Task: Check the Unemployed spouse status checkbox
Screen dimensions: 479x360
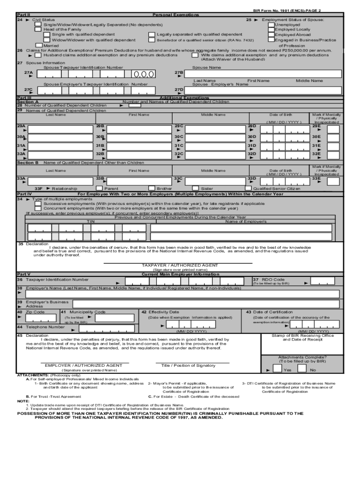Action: point(271,25)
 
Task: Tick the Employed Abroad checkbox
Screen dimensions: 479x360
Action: point(271,35)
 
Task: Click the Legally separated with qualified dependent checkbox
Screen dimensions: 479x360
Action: point(151,35)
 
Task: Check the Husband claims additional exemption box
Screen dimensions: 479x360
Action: point(39,55)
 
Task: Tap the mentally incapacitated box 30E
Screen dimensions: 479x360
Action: point(333,138)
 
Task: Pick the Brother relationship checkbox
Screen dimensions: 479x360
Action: point(151,189)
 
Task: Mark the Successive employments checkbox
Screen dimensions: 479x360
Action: point(39,204)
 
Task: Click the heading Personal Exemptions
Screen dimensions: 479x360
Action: point(175,15)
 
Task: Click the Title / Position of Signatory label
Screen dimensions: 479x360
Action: point(188,365)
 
